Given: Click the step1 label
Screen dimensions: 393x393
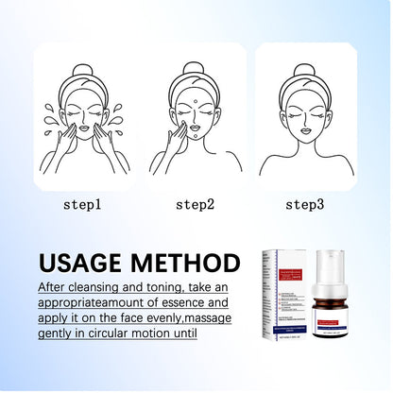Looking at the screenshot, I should point(83,203).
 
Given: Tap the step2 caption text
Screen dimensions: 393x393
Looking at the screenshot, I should point(196,203).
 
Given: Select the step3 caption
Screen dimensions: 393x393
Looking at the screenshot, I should point(306,203).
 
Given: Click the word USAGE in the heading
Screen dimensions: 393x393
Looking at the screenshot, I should point(84,262).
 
